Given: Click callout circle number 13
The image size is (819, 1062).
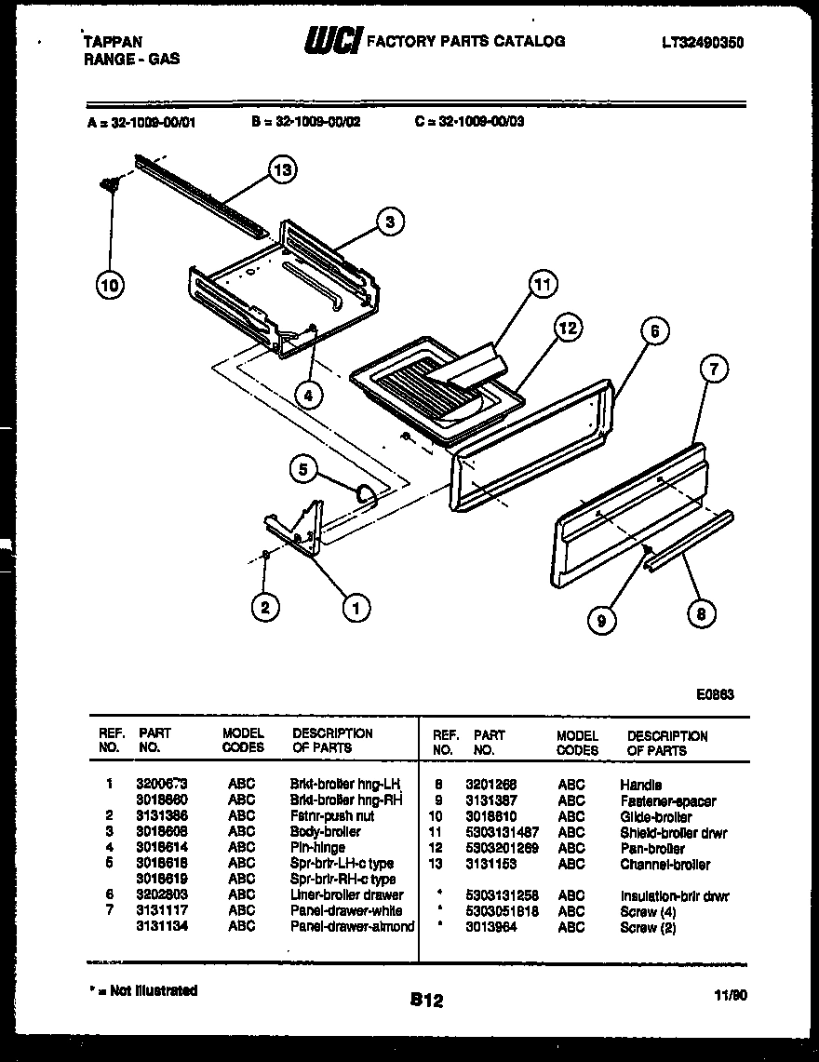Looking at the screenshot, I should click(x=283, y=169).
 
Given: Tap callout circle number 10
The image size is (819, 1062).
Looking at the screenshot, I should click(x=110, y=286).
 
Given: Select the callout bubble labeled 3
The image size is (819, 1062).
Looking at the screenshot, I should click(x=390, y=222).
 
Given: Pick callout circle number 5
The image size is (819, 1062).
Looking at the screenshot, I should click(x=302, y=470).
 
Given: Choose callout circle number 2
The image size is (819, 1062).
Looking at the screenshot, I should click(x=265, y=607).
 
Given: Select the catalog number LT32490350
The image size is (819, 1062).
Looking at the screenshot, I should click(x=703, y=43).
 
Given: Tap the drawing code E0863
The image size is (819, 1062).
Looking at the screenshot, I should click(x=715, y=692).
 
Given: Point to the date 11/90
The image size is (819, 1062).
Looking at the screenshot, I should click(x=732, y=995).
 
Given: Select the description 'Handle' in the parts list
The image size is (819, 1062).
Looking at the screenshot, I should click(x=640, y=785).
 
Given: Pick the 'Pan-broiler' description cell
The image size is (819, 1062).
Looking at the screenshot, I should click(x=651, y=848).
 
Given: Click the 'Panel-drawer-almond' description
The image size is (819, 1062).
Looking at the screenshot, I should click(x=352, y=926).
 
